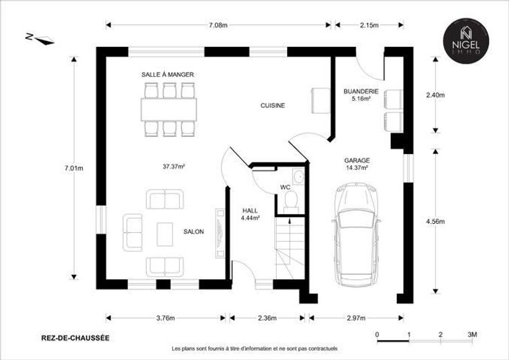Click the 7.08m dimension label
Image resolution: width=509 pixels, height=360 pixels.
click(218, 26)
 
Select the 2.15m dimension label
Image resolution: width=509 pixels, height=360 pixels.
click(369, 26)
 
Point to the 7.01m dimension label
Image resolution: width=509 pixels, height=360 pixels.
click(74, 169)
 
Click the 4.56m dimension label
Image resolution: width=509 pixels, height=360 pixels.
click(435, 222)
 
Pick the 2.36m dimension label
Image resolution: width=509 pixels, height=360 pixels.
click(268, 318)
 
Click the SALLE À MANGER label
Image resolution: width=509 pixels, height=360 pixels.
click(167, 75)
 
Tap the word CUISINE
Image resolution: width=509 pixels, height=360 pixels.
click(272, 106)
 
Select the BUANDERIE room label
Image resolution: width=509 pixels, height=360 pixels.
click(361, 91)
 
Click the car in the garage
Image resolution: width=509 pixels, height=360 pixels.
click(356, 234)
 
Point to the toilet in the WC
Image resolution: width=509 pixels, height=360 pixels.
click(291, 202)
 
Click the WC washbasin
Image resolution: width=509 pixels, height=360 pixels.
click(298, 176)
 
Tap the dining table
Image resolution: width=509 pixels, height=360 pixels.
click(169, 110)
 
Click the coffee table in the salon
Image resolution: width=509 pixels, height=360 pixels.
click(165, 234)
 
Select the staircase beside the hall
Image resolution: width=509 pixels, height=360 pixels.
click(290, 248)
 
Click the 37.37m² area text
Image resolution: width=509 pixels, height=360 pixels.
click(174, 167)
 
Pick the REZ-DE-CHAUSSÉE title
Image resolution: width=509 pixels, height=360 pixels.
click(75, 338)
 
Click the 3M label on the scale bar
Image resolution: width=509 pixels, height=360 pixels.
click(472, 334)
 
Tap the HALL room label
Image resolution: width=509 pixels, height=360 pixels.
click(250, 211)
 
